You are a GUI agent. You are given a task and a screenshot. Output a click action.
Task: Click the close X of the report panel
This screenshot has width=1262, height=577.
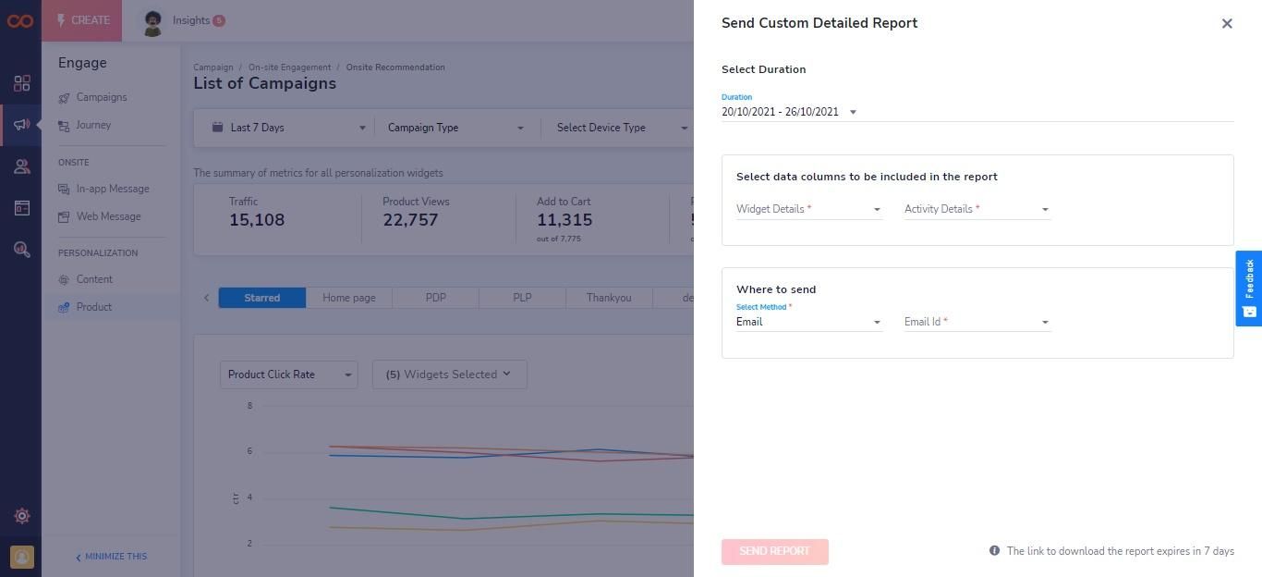pyautogui.click(x=1227, y=23)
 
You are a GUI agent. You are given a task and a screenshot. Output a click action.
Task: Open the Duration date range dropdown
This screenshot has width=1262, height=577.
pyautogui.click(x=789, y=112)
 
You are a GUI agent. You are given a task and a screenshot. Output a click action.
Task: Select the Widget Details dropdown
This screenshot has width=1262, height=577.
pyautogui.click(x=808, y=209)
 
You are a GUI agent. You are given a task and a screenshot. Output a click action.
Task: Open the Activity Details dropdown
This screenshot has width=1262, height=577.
pyautogui.click(x=977, y=209)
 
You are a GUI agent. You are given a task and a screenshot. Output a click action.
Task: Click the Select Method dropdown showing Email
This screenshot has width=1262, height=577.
pyautogui.click(x=808, y=322)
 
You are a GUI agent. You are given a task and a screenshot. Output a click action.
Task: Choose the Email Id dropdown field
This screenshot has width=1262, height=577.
pyautogui.click(x=977, y=322)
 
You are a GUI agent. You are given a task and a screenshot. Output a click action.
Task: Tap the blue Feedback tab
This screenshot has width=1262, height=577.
pyautogui.click(x=1248, y=288)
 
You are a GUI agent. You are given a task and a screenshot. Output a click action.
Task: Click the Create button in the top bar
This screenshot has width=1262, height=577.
pyautogui.click(x=81, y=20)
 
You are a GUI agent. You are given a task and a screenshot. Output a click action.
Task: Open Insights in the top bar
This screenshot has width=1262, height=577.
pyautogui.click(x=191, y=20)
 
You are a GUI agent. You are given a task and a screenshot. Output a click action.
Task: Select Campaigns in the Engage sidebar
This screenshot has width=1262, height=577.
pyautogui.click(x=102, y=97)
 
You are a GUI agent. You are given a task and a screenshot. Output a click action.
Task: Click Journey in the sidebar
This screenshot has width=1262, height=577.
pyautogui.click(x=93, y=125)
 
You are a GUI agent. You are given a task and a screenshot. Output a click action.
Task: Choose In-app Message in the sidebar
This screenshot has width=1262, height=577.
pyautogui.click(x=113, y=189)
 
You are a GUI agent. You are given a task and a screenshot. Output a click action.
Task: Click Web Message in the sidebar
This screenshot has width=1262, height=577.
pyautogui.click(x=108, y=216)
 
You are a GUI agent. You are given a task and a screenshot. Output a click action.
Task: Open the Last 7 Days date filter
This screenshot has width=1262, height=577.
pyautogui.click(x=288, y=128)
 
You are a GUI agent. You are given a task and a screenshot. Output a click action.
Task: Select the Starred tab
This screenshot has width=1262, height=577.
pyautogui.click(x=262, y=297)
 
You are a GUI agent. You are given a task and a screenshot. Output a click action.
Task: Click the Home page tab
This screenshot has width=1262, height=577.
pyautogui.click(x=348, y=297)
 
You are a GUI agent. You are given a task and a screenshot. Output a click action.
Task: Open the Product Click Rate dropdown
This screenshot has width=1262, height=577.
pyautogui.click(x=288, y=374)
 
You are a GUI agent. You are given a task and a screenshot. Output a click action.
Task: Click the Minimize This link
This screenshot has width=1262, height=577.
pyautogui.click(x=112, y=556)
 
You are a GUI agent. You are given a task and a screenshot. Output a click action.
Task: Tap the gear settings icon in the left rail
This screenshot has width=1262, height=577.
pyautogui.click(x=22, y=516)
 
